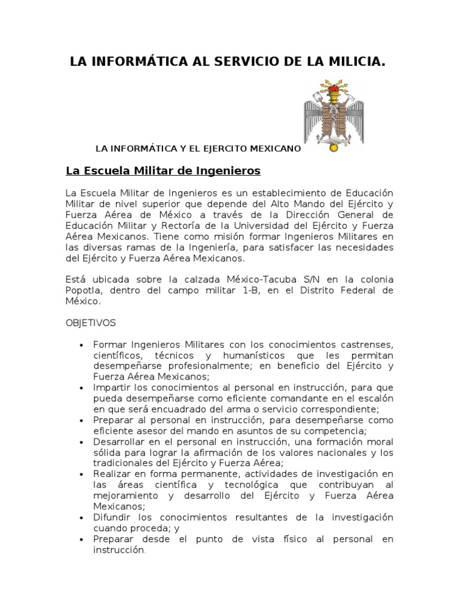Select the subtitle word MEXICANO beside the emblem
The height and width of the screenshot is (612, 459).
(273, 148)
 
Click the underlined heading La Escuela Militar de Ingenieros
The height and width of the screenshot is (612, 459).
(163, 171)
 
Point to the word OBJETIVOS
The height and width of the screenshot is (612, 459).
(91, 323)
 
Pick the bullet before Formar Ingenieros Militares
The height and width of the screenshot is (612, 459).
(81, 345)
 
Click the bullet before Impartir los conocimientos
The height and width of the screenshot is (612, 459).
(81, 388)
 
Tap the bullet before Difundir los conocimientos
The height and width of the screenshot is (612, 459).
(81, 517)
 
